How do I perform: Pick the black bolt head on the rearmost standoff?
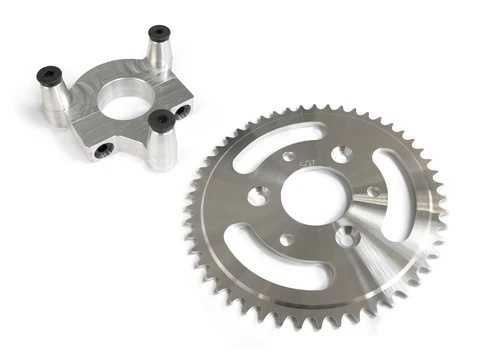tap(156, 33)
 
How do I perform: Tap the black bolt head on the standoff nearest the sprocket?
tap(158, 121)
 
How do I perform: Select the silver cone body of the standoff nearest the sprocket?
tap(162, 146)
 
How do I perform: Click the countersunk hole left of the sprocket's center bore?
tap(257, 197)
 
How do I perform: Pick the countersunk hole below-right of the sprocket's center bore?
tap(345, 237)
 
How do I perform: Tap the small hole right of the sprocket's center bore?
tap(372, 192)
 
